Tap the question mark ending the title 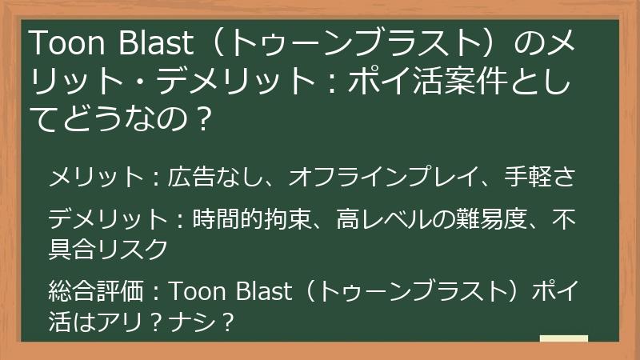click(x=203, y=119)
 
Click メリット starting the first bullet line click(x=89, y=178)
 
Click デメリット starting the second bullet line click(x=99, y=218)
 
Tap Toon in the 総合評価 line click(x=197, y=291)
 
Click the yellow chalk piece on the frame click(x=564, y=338)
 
